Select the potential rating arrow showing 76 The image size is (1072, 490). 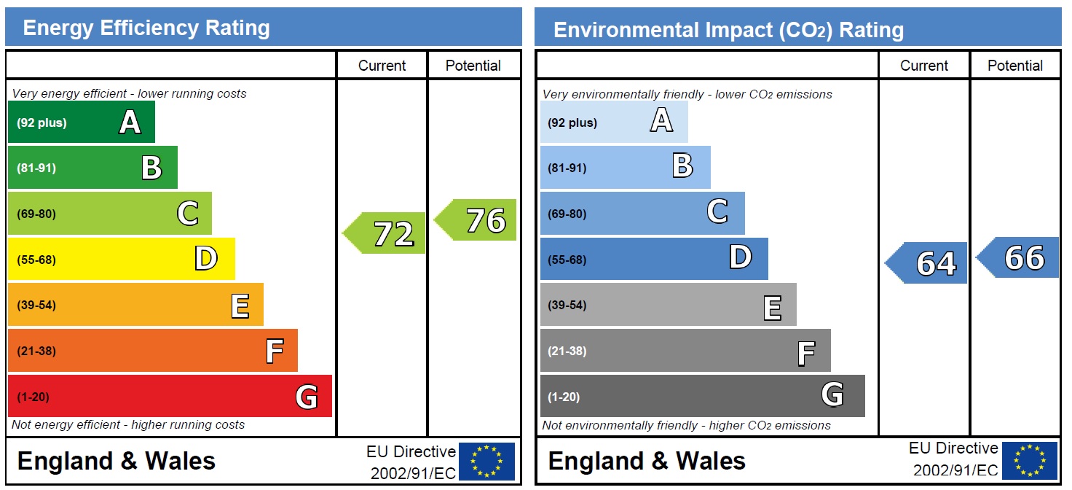[477, 219]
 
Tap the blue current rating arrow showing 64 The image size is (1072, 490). [929, 262]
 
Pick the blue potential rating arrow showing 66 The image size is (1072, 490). [1020, 257]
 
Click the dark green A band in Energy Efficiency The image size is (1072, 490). [81, 122]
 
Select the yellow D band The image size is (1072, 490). [121, 259]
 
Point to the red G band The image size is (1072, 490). [169, 396]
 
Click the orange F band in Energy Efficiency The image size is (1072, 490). [152, 351]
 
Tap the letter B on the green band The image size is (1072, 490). [151, 168]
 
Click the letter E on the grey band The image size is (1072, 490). [773, 306]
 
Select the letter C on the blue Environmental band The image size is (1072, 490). [717, 212]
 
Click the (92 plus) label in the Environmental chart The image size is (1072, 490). [572, 122]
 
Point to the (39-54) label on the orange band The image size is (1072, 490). [36, 305]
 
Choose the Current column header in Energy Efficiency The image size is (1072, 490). [382, 66]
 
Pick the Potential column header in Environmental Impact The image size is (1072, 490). [1015, 66]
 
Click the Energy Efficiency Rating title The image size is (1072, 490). [146, 28]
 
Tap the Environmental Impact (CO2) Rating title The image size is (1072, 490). [728, 30]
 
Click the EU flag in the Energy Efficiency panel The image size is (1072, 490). [486, 462]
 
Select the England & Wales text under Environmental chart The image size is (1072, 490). [647, 461]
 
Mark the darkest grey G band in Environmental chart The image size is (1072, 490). [702, 396]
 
